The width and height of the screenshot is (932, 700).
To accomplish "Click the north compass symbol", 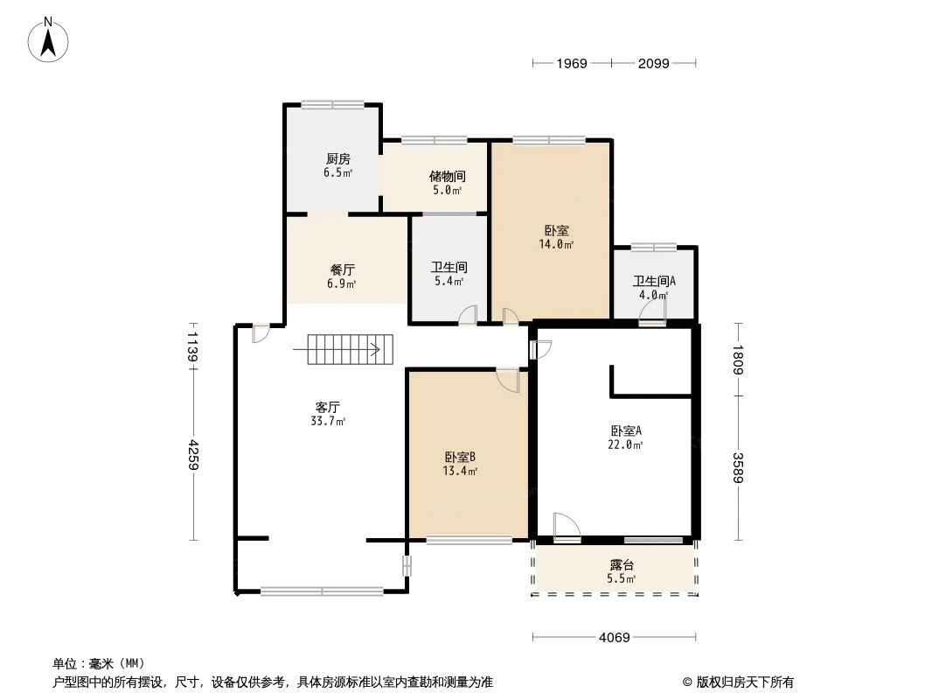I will [50, 39].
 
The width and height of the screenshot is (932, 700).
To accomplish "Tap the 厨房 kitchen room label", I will [337, 159].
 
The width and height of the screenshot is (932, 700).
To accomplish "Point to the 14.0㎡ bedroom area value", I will [556, 245].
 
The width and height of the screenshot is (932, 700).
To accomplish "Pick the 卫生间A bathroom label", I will [654, 282].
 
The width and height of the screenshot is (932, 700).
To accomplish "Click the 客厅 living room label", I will [328, 407].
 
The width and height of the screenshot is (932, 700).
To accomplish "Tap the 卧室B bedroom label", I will [460, 458].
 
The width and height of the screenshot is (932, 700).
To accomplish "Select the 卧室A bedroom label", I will [626, 430].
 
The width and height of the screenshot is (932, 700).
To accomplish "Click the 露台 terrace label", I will [622, 565].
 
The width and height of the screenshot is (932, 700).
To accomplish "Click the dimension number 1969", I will [572, 63].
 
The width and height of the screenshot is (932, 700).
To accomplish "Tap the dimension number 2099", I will [653, 63].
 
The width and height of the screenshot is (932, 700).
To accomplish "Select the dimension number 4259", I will [191, 455].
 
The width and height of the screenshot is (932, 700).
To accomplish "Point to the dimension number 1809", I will [739, 359].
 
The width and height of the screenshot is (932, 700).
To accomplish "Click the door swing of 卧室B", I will [509, 380].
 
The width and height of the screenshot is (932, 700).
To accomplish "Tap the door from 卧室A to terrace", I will [567, 527].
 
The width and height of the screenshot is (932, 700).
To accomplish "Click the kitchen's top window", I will [332, 105].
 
